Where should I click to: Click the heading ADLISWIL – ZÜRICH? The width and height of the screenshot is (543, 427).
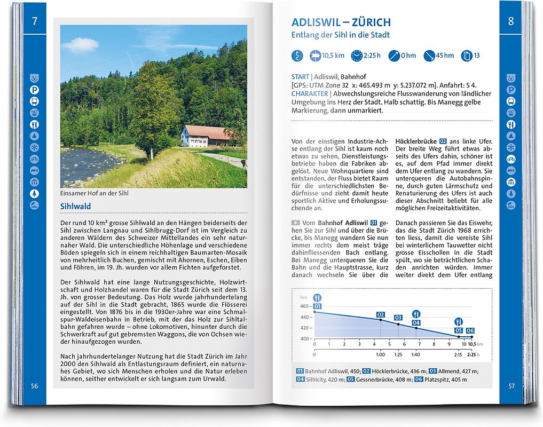(x=341, y=22)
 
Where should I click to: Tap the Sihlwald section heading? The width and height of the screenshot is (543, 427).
(x=75, y=207)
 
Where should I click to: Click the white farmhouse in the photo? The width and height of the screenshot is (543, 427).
(x=206, y=136)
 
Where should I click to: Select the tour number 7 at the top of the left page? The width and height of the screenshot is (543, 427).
(x=35, y=21)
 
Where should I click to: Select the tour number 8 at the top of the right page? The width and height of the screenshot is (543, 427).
(x=511, y=21)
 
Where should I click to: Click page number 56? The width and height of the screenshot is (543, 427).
(x=35, y=386)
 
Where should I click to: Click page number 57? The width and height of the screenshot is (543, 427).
(x=511, y=386)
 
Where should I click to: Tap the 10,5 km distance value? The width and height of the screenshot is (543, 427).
(x=333, y=56)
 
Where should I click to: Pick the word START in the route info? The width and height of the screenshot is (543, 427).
(x=301, y=77)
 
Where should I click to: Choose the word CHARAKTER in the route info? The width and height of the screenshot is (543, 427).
(x=309, y=93)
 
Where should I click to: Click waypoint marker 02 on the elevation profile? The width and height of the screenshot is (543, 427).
(x=381, y=315)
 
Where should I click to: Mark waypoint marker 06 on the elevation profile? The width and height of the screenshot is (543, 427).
(x=470, y=331)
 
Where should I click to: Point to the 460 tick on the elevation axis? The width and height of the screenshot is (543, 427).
(x=304, y=306)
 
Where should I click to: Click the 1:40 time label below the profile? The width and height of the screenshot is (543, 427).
(x=416, y=354)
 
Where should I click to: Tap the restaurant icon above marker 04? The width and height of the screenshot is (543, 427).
(x=416, y=313)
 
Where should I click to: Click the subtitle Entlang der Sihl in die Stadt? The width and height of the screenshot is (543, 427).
(x=340, y=35)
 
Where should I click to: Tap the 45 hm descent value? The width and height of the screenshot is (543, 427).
(x=445, y=56)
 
